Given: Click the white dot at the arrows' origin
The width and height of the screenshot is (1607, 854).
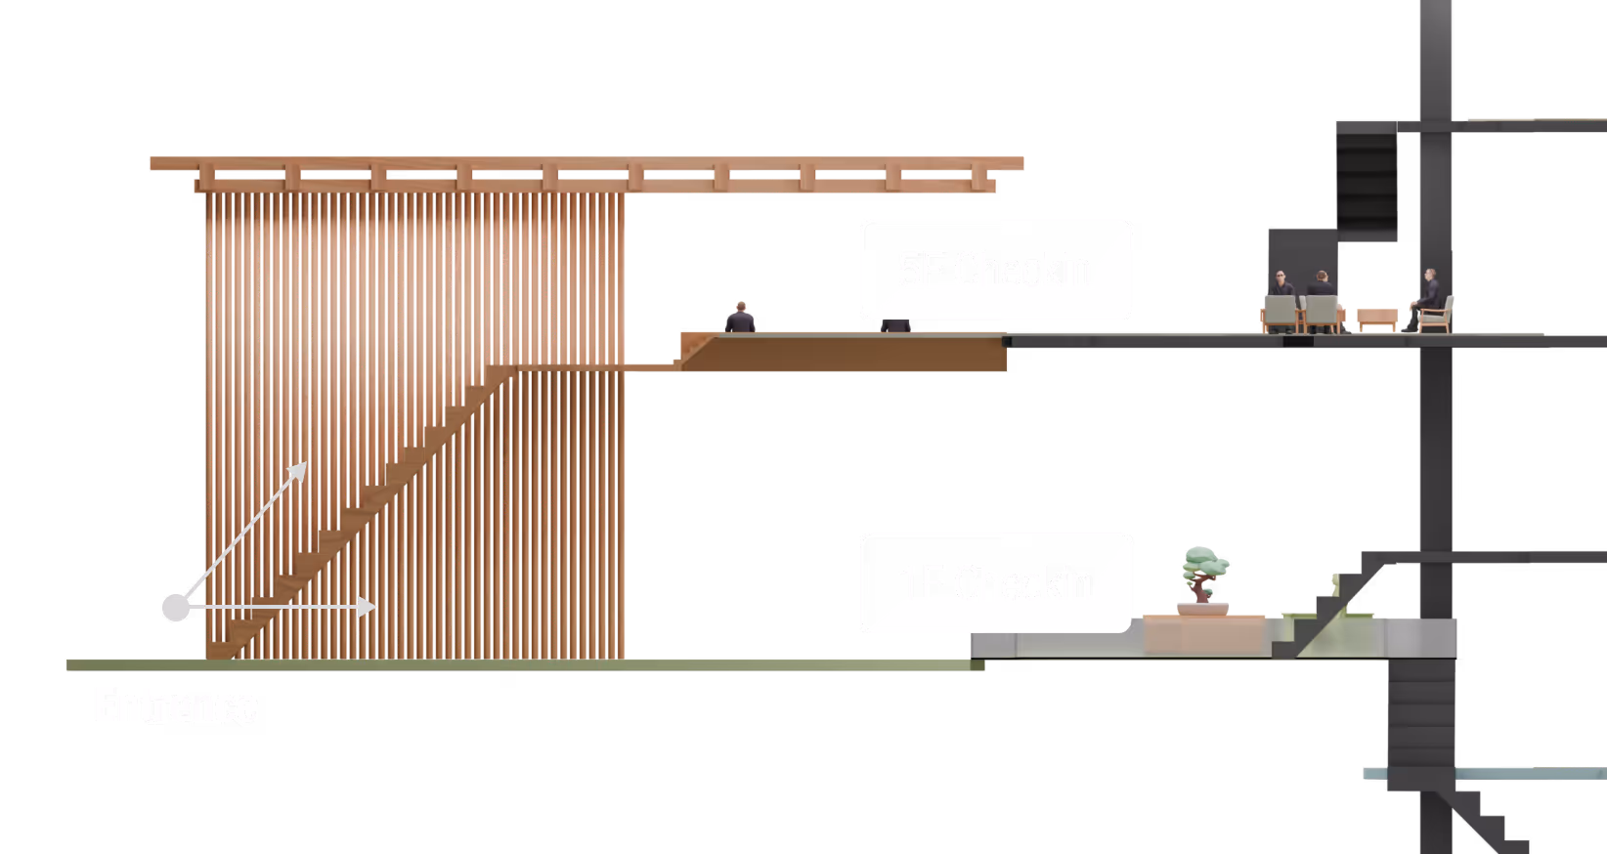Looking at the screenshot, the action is pyautogui.click(x=176, y=607).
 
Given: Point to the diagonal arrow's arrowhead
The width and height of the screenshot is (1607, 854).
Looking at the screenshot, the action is pyautogui.click(x=299, y=471).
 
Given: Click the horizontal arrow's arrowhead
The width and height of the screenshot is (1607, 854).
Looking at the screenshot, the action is pyautogui.click(x=368, y=607).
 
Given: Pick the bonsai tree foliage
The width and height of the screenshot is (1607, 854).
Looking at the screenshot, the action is pyautogui.click(x=1205, y=565).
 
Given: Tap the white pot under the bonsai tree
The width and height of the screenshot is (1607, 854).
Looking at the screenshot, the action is pyautogui.click(x=1202, y=609).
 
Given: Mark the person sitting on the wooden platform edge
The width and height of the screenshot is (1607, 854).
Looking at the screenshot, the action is pyautogui.click(x=740, y=318).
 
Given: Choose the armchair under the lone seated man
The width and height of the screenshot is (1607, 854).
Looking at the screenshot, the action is pyautogui.click(x=1438, y=315).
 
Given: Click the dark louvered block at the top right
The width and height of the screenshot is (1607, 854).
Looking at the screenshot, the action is pyautogui.click(x=1366, y=186).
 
